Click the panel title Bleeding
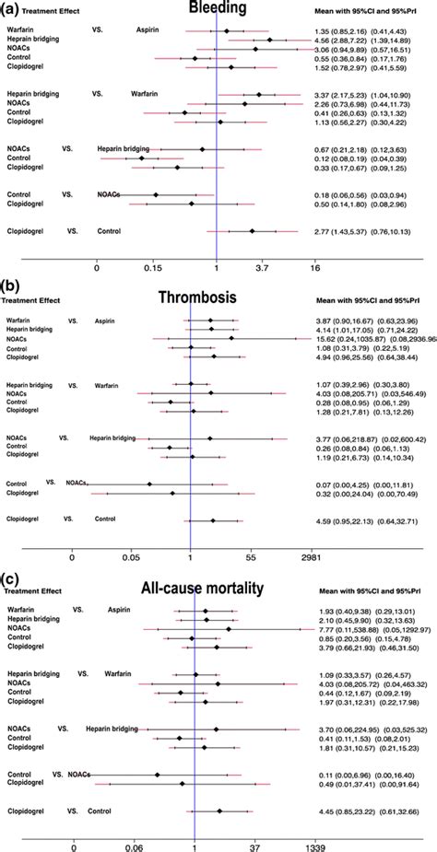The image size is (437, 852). (x=217, y=9)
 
